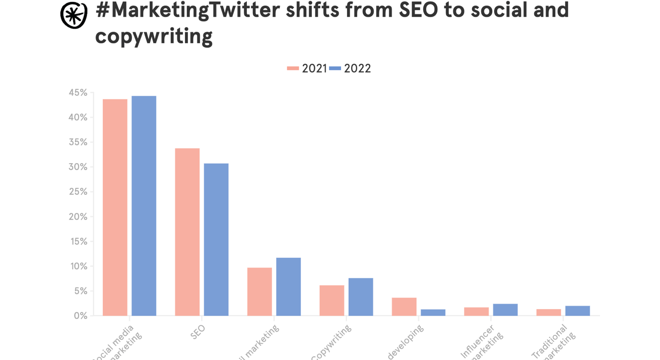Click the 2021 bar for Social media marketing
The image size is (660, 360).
115,207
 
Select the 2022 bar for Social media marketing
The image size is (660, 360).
144,206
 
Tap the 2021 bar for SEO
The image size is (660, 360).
187,232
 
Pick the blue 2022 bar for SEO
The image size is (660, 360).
216,240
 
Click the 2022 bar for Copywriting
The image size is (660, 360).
361,297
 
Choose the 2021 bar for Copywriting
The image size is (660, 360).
332,301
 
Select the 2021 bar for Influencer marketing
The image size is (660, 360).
476,312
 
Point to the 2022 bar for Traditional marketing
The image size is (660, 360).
577,311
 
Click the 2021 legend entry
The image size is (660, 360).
307,68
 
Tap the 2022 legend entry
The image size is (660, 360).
351,68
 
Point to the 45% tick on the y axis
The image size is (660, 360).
78,93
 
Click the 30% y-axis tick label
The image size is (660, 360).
78,167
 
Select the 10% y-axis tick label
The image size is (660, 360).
78,266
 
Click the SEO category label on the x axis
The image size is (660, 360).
198,333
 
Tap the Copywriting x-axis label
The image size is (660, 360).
331,343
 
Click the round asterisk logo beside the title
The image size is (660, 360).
74,15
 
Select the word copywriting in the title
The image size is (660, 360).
154,36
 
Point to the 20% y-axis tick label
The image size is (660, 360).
78,217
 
